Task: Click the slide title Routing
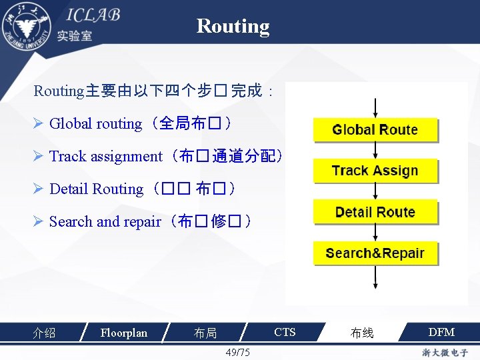[233, 26]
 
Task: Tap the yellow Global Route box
[375, 130]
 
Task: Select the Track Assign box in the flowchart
[375, 171]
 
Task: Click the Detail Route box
[375, 212]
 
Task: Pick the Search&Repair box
[375, 253]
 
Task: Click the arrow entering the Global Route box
[376, 108]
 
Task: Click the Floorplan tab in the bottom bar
[123, 332]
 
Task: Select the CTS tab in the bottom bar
[285, 332]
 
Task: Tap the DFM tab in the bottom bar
[441, 332]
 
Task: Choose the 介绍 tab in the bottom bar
[44, 333]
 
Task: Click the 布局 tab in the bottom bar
[205, 333]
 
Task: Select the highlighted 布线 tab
[362, 333]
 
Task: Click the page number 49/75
[238, 352]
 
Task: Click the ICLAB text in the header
[93, 15]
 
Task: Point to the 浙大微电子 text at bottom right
[445, 352]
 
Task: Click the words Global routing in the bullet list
[95, 123]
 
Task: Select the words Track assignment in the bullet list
[105, 156]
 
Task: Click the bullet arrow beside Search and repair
[39, 221]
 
